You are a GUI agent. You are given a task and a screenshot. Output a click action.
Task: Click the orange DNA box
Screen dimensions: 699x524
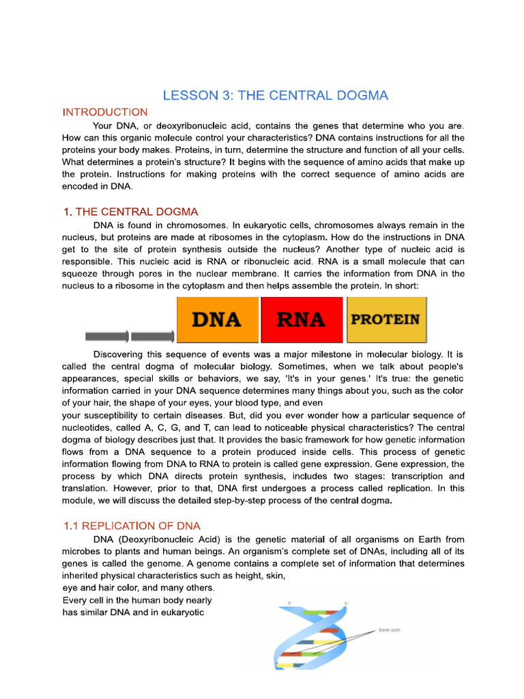tap(218, 319)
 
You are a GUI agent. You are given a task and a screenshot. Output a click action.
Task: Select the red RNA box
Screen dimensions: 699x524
tap(302, 319)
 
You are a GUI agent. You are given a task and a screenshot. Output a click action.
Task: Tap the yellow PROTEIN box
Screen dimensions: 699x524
tap(386, 319)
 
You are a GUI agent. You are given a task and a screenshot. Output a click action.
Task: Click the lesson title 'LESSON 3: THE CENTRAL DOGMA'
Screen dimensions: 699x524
tap(275, 96)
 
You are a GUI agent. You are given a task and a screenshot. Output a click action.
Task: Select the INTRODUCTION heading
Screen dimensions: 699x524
tap(104, 112)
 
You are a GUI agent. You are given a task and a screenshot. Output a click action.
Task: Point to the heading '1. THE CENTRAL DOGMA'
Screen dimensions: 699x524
tap(130, 212)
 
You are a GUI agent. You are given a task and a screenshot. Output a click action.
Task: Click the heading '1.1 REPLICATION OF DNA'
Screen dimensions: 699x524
tap(132, 526)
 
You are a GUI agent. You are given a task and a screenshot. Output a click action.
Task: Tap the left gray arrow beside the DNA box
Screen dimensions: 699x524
tap(107, 336)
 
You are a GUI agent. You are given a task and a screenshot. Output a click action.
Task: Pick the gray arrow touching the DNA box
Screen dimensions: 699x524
tap(152, 336)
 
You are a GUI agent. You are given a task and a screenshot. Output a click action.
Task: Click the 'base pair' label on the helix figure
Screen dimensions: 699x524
tap(390, 630)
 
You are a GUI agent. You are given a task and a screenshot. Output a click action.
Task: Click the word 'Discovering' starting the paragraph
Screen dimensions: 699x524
tap(120, 355)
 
